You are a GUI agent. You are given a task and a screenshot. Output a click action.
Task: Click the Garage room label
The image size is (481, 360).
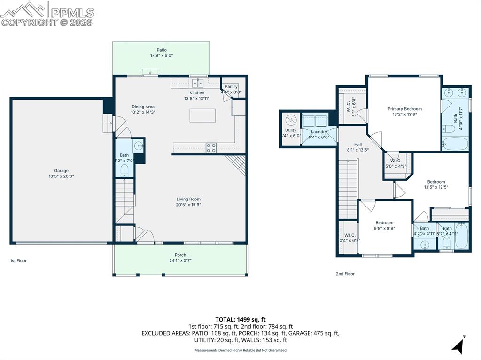click(61, 171)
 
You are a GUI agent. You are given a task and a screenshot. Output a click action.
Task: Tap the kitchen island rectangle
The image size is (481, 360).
click(202, 115)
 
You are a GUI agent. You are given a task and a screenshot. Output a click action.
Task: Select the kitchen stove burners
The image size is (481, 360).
click(211, 148)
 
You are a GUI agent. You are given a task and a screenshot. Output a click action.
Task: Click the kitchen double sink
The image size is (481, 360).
click(197, 83)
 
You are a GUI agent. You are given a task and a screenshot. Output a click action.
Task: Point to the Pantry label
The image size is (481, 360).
click(231, 87)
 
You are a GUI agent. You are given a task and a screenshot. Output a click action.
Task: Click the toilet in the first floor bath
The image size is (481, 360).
click(124, 169)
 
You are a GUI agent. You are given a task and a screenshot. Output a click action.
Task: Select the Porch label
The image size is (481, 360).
click(180, 255)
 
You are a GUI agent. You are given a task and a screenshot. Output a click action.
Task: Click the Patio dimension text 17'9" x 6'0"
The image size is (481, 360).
click(161, 55)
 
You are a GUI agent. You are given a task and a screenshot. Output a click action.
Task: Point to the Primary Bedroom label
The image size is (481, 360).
click(404, 109)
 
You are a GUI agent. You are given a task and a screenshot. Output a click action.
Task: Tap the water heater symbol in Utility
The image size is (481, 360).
click(290, 119)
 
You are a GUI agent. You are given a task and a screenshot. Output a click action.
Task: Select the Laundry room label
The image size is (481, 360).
click(319, 132)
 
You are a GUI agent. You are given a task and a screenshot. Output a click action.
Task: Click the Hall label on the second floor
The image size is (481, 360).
click(357, 145)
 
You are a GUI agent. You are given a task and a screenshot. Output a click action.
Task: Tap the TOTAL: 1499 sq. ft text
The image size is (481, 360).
click(240, 320)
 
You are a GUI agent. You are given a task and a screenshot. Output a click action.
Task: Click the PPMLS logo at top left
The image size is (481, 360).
click(47, 14)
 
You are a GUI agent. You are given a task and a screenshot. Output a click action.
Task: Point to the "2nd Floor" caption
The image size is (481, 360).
click(345, 274)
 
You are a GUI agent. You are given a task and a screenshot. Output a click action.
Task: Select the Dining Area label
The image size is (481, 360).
click(143, 107)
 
